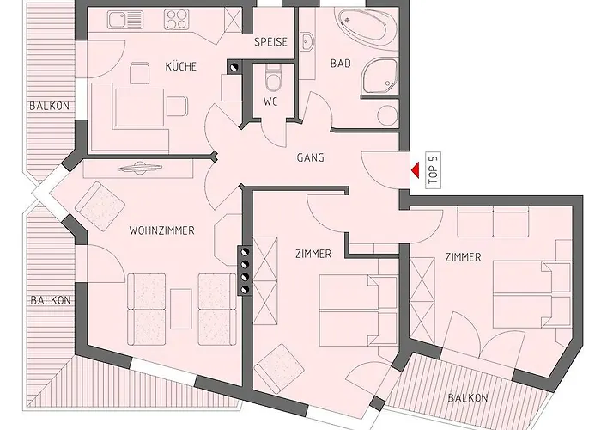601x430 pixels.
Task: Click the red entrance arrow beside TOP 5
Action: coord(415,170)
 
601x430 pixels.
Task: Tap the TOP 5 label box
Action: coord(433,170)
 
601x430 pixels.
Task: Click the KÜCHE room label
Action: coord(181,66)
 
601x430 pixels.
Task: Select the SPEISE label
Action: coord(271,42)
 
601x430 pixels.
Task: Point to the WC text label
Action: coord(270,102)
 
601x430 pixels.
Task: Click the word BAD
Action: coord(341,64)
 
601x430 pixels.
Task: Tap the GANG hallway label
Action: coord(311,157)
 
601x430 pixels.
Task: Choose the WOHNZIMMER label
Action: coord(161,230)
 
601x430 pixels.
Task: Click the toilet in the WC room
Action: coord(272,78)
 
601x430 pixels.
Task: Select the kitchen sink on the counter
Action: coord(120,20)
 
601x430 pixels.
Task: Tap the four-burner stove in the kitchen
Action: coord(177,20)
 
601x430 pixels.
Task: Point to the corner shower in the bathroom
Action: coord(379,76)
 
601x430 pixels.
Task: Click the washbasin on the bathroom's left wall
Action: coord(307,41)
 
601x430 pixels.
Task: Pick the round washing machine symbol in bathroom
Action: coord(387,115)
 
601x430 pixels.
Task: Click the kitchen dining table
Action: coord(139,107)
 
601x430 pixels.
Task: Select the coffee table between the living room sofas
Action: coord(181,309)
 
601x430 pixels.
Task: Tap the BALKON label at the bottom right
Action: coord(468,397)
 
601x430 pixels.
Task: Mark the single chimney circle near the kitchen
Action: coord(234,68)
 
